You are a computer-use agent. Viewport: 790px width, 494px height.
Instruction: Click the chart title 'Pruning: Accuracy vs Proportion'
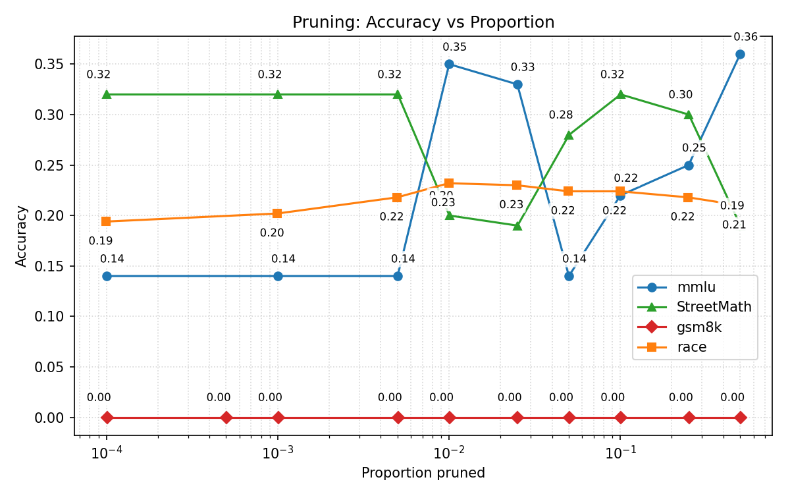pos(423,22)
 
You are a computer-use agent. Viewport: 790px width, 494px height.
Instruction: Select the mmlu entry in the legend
pos(696,287)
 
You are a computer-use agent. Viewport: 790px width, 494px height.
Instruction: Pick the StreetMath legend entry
pos(714,307)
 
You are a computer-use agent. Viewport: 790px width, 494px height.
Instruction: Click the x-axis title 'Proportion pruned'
pos(423,473)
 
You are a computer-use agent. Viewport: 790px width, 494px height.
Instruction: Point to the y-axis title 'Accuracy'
pos(22,236)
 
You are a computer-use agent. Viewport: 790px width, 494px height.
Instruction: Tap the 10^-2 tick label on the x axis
pos(449,453)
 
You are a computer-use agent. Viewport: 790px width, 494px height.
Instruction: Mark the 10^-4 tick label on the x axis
pos(107,453)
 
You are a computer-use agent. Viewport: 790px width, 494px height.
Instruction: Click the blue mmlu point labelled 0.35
pos(449,64)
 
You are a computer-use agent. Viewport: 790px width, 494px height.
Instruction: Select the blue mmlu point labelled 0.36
pos(740,54)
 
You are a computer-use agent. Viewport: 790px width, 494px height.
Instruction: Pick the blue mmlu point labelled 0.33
pos(517,84)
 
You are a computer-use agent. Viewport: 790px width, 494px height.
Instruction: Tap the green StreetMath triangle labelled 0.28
pos(569,135)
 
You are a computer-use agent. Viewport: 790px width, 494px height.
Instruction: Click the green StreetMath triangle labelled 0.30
pos(689,115)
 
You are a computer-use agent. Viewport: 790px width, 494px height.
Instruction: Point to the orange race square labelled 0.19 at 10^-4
pos(107,221)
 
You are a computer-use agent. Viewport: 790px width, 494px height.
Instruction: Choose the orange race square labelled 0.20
pos(277,213)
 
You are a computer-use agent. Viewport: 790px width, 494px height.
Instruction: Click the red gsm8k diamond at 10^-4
pos(107,418)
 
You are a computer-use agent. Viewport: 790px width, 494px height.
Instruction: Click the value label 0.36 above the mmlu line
pos(745,37)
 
